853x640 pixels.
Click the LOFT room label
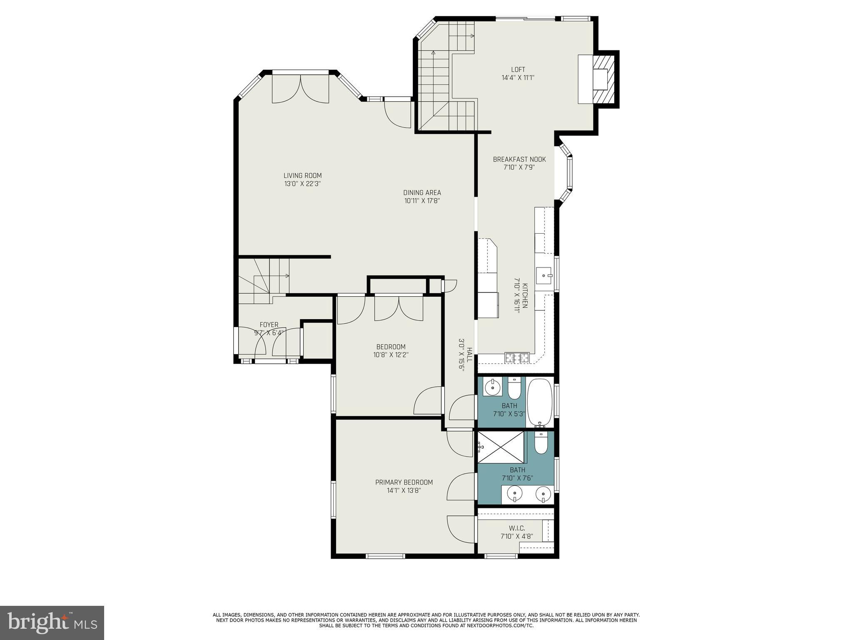(x=518, y=70)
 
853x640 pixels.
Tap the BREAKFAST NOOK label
(x=519, y=159)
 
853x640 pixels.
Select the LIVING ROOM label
(x=302, y=176)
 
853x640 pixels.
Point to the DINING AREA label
(x=422, y=192)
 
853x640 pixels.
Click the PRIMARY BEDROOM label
(x=404, y=482)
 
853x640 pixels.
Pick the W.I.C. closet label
(x=517, y=528)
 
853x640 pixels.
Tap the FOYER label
(x=269, y=325)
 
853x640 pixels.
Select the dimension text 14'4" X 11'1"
(x=518, y=77)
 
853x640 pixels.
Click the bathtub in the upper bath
(x=540, y=402)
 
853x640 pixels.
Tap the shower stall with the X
(x=501, y=447)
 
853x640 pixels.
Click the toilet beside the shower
(x=541, y=443)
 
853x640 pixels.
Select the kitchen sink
(x=544, y=275)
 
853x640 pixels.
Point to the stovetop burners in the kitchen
(x=517, y=357)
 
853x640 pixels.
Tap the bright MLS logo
(x=52, y=622)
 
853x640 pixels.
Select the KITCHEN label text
(x=525, y=296)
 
